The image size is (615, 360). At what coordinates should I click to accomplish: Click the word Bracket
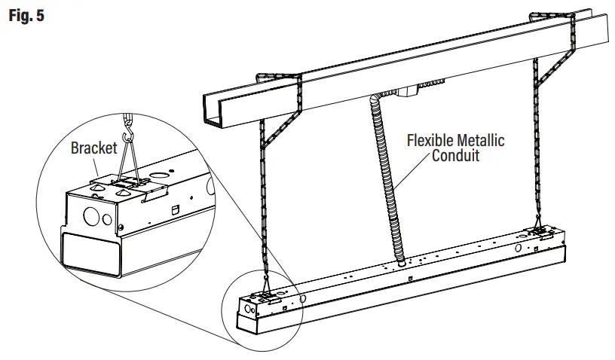94,148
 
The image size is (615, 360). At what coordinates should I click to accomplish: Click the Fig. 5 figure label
26,15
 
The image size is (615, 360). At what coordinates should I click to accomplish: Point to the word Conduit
457,157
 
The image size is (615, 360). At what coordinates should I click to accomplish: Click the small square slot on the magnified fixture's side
178,206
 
